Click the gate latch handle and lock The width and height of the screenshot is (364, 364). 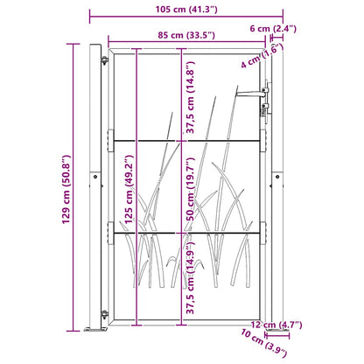point(263,101)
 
